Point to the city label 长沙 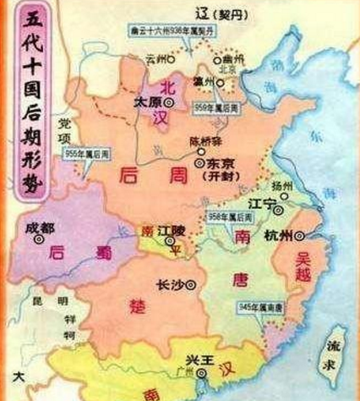[171, 284]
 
